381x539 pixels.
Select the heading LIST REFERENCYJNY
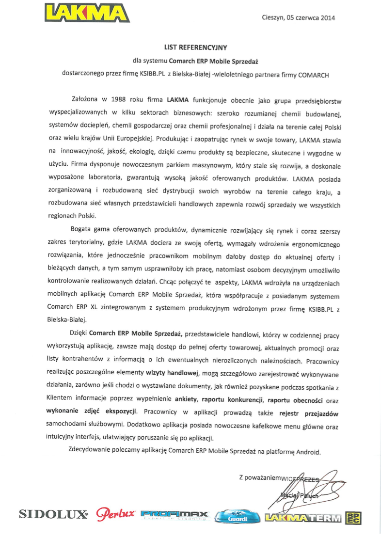click(196, 48)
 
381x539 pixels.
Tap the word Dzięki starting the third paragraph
click(78, 334)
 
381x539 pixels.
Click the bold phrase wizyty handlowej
click(173, 373)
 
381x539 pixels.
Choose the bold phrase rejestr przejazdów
click(309, 413)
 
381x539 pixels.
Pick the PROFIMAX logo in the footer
click(175, 515)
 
